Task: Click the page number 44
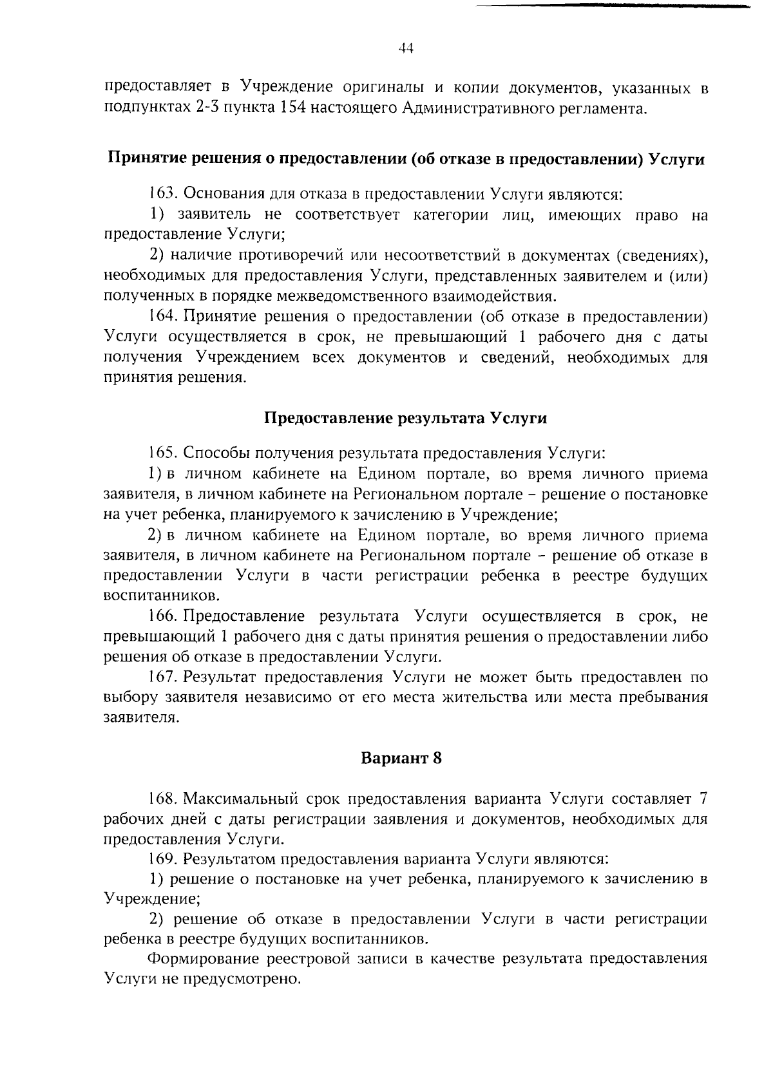tap(406, 49)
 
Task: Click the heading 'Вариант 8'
tap(401, 757)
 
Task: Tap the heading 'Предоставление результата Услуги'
tap(406, 418)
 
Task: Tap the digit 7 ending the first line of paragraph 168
tap(703, 799)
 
